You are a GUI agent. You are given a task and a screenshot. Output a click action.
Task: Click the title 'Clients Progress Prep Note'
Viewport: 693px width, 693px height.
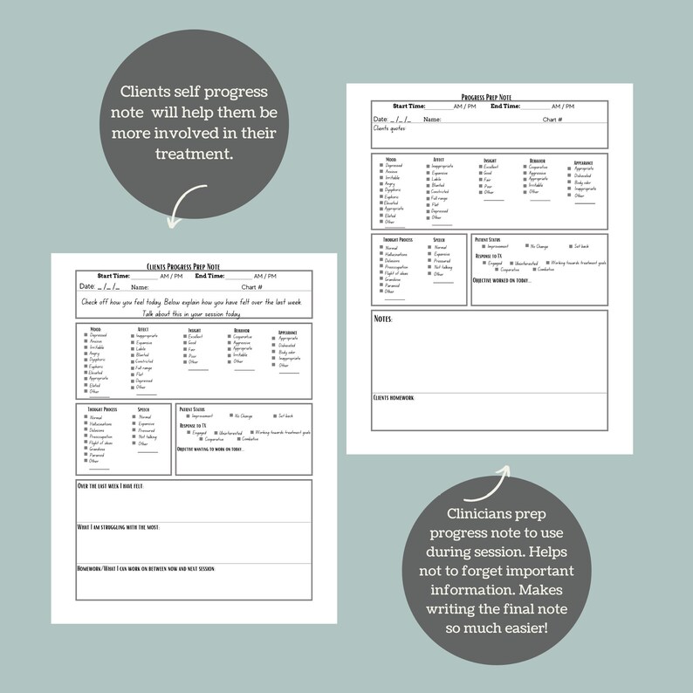coord(183,266)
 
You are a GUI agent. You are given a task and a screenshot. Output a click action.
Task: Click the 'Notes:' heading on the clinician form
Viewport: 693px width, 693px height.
coord(383,319)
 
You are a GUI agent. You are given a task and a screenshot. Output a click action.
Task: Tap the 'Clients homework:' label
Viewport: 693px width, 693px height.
coord(394,398)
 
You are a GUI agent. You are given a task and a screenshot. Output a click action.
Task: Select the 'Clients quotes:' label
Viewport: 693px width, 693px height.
coord(389,128)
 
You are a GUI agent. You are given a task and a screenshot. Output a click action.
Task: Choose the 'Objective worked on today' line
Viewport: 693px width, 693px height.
coord(502,280)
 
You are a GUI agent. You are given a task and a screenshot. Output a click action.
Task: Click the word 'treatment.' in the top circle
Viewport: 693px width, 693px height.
coord(194,154)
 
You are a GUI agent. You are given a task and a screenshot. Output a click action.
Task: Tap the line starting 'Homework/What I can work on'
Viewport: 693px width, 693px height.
coord(147,569)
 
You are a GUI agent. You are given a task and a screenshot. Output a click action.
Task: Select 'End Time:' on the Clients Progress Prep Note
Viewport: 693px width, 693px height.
coord(209,276)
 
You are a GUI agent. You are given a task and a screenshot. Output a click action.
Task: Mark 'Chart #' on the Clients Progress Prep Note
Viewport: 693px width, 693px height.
coord(252,286)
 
